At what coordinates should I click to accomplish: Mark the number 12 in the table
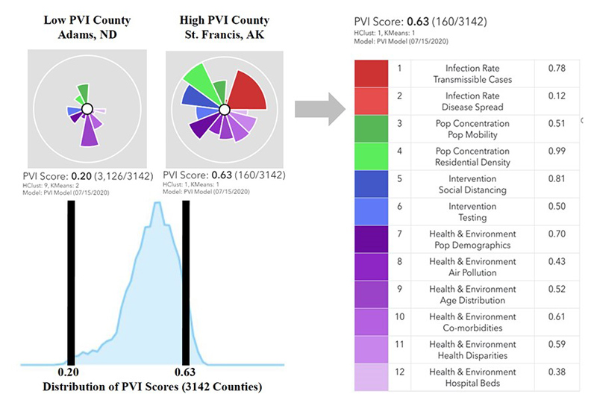coord(399,372)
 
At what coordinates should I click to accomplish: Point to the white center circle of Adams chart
coord(87,109)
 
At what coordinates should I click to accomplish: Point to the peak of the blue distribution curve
coord(157,204)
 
